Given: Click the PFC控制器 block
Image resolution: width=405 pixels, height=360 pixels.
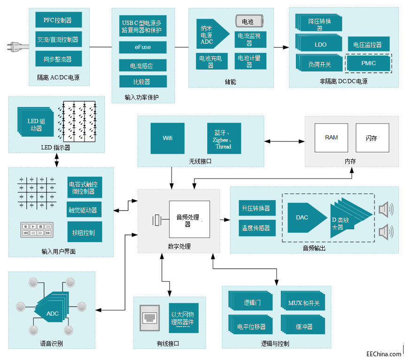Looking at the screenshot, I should point(59,20).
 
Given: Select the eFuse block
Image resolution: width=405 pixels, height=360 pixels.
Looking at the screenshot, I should point(142,47).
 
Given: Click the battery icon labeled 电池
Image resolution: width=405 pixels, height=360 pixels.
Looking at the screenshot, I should point(249,22).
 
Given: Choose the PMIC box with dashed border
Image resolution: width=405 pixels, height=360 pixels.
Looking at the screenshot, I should point(368,63).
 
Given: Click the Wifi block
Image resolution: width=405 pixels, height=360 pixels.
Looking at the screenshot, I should point(167,138).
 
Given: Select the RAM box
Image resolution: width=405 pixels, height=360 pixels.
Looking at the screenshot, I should point(331,137).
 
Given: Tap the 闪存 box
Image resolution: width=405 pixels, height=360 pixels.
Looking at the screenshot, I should point(372,138).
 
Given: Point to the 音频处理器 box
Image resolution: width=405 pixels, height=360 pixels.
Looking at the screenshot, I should point(190,220).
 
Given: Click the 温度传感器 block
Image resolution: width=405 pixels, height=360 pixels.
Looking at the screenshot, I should point(256,228).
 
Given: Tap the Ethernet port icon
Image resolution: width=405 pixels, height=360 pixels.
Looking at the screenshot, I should point(151,318).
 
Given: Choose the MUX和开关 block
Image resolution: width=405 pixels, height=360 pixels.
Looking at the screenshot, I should point(304,303).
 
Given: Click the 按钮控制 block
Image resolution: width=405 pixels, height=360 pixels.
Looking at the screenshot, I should point(85,232).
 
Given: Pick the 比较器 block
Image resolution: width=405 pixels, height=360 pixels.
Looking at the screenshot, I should point(142,82).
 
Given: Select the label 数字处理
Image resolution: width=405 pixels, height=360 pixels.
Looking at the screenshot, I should point(179,246).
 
